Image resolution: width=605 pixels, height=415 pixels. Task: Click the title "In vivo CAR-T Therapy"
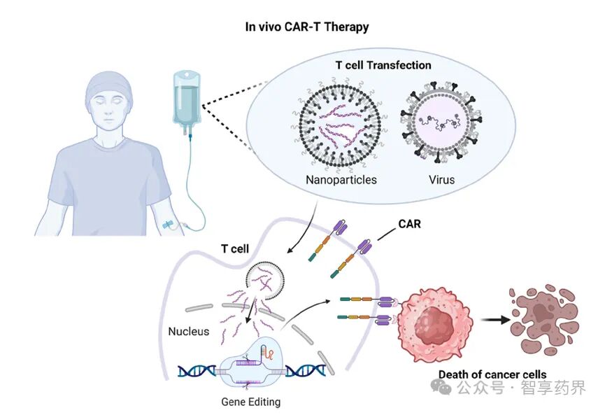tap(307, 27)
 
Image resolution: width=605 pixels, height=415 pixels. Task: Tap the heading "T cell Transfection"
tap(383, 65)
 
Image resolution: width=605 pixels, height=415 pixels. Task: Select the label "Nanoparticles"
tap(341, 180)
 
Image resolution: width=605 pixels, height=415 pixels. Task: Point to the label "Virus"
tap(442, 180)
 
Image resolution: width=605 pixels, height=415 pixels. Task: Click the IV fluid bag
tap(186, 100)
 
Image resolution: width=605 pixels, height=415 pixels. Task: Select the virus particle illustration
tap(441, 122)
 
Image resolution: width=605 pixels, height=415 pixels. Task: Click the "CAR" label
tap(409, 224)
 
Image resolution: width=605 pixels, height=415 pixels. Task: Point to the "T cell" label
tap(234, 248)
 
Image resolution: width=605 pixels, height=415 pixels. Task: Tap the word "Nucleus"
tap(189, 331)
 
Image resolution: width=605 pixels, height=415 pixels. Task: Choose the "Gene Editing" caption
tap(251, 402)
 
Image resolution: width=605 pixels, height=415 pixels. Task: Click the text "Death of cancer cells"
tap(492, 374)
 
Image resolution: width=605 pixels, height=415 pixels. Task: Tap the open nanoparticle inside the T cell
tap(265, 281)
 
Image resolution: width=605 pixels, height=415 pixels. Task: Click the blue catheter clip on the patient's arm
tap(169, 225)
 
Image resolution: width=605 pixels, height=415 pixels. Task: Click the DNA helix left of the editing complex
tap(197, 371)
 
